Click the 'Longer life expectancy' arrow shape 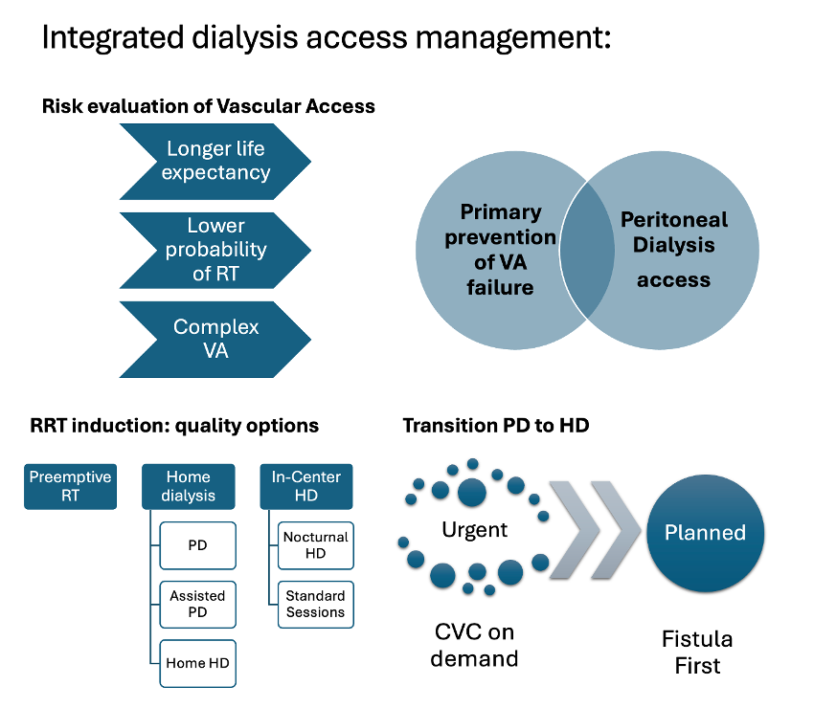tap(215, 161)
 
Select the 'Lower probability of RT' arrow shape tap(215, 250)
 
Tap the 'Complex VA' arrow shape tap(215, 339)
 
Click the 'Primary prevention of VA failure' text tap(500, 249)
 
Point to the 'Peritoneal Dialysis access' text tap(673, 249)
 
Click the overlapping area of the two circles tap(586, 248)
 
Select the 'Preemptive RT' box tap(70, 486)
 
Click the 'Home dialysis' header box tap(190, 486)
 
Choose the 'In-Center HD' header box tap(305, 486)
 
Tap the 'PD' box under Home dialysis tap(197, 546)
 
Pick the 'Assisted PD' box tap(197, 605)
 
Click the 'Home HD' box tap(197, 663)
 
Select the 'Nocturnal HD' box tap(316, 546)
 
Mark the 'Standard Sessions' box tap(316, 605)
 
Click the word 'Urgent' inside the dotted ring tap(474, 529)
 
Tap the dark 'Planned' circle tap(705, 533)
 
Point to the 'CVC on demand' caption tap(474, 645)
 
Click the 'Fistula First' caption tap(697, 652)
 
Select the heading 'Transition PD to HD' tap(495, 425)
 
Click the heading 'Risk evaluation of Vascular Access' tap(208, 106)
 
